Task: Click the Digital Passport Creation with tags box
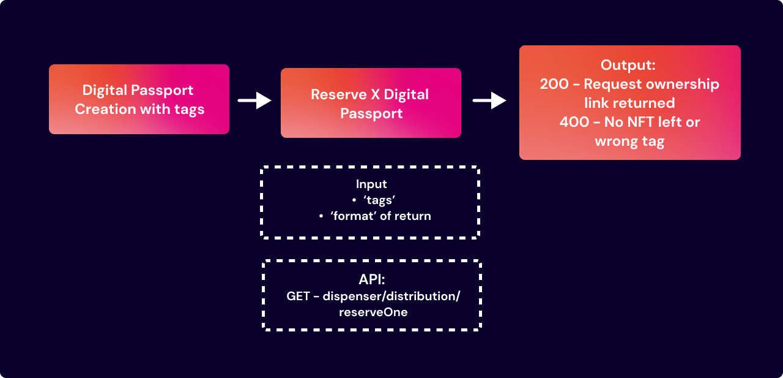click(139, 99)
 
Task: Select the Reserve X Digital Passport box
click(371, 103)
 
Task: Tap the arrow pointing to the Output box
click(489, 101)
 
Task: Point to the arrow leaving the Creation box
click(254, 100)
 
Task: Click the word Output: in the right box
click(628, 65)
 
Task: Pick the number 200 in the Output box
click(554, 84)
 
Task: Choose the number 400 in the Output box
click(574, 122)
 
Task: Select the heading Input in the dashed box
click(371, 184)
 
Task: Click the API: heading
click(372, 280)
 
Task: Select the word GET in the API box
click(298, 297)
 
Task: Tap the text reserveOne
click(373, 312)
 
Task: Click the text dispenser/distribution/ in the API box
click(391, 297)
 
